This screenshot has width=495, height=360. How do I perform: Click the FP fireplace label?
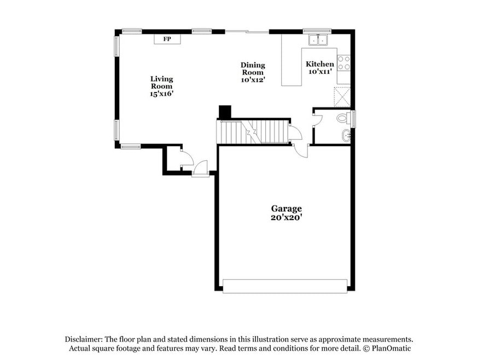click(x=167, y=39)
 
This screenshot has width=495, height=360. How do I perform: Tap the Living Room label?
click(x=162, y=83)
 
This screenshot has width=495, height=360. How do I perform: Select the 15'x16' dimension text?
click(x=162, y=94)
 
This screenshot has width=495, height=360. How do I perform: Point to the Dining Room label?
click(x=253, y=68)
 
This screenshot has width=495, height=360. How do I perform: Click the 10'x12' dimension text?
click(x=253, y=79)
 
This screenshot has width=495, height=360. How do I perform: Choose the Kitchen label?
click(x=320, y=64)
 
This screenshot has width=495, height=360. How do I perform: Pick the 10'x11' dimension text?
click(x=320, y=72)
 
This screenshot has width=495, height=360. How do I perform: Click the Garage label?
click(x=286, y=208)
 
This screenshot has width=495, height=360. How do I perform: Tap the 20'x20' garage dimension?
click(x=286, y=217)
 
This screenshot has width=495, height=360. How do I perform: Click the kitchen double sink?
click(x=318, y=40)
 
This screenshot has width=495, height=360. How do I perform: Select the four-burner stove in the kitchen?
click(x=344, y=62)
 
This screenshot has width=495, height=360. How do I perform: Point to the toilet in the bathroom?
click(x=344, y=118)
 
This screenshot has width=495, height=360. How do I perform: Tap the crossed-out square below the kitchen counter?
click(x=342, y=97)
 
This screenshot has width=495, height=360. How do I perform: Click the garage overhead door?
click(x=285, y=286)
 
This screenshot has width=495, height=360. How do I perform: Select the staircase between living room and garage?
click(x=253, y=131)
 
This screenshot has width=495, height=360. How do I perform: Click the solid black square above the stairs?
click(x=225, y=112)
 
